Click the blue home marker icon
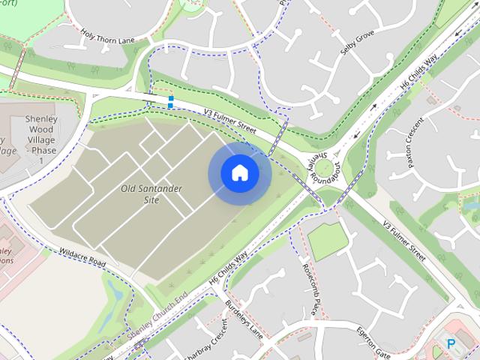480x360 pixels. [x=239, y=173]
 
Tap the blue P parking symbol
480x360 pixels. [x=451, y=343]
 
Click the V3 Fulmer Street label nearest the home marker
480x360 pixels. [x=229, y=123]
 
